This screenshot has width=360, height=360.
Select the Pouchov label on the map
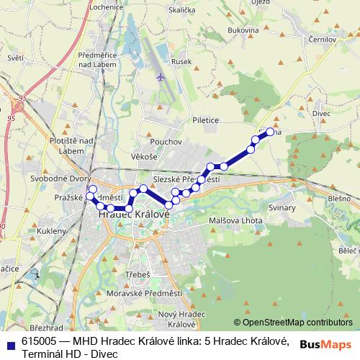click(x=166, y=142)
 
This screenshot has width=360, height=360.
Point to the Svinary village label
click(x=282, y=207)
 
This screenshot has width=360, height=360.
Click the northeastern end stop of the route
click(x=271, y=132)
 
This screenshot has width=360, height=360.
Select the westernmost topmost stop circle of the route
click(x=92, y=189)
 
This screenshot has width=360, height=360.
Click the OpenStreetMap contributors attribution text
click(x=297, y=323)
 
